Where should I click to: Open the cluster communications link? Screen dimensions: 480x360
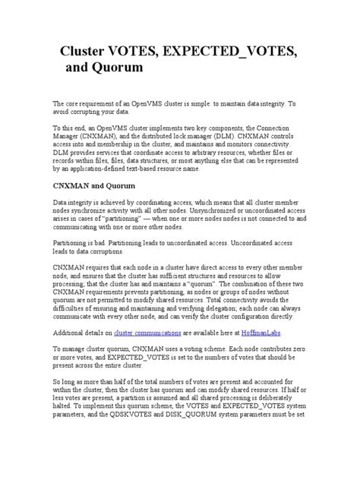click(x=143, y=355)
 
